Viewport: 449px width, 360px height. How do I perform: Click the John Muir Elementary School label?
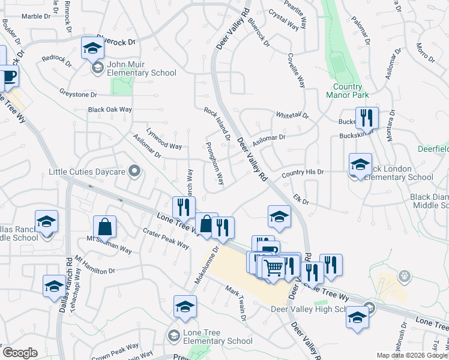(x=142, y=68)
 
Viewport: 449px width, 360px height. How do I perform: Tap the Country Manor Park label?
(x=347, y=90)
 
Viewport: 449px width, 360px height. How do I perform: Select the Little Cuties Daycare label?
(x=87, y=172)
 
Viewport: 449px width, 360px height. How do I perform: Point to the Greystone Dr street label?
(x=78, y=94)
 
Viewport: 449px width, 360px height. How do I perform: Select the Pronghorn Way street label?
(x=214, y=163)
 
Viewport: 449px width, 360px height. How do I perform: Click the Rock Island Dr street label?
(x=217, y=124)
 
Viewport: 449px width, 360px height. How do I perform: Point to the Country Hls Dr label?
(x=303, y=172)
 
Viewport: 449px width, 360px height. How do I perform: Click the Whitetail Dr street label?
(x=292, y=115)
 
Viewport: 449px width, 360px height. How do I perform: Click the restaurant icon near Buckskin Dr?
(x=366, y=118)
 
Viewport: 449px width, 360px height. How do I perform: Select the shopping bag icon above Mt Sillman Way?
(x=104, y=226)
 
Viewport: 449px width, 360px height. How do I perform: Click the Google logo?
(x=20, y=353)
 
